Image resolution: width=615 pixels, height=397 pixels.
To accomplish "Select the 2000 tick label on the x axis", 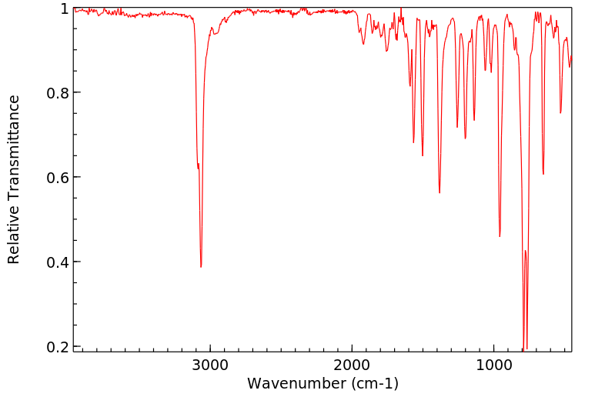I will pyautogui.click(x=352, y=364).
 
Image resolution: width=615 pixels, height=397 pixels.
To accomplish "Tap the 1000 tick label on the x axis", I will pyautogui.click(x=493, y=364).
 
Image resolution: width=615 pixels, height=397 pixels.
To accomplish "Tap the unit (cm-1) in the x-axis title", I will pyautogui.click(x=375, y=383).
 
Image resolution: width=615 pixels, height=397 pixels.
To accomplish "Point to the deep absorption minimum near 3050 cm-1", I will pyautogui.click(x=201, y=267).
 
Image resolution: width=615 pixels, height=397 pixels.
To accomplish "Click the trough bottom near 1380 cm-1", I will pyautogui.click(x=440, y=192).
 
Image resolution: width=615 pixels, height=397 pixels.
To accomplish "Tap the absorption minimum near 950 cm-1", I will pyautogui.click(x=500, y=236).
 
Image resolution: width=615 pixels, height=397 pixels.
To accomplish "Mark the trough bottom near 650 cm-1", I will pyautogui.click(x=543, y=174).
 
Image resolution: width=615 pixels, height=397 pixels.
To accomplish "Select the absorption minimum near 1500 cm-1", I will pyautogui.click(x=423, y=155).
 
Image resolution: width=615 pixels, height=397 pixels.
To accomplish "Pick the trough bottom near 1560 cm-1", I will pyautogui.click(x=413, y=142).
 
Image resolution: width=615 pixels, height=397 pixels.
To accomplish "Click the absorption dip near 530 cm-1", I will pyautogui.click(x=560, y=113).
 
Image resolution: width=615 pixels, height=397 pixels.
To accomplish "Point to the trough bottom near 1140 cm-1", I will pyautogui.click(x=474, y=120).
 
